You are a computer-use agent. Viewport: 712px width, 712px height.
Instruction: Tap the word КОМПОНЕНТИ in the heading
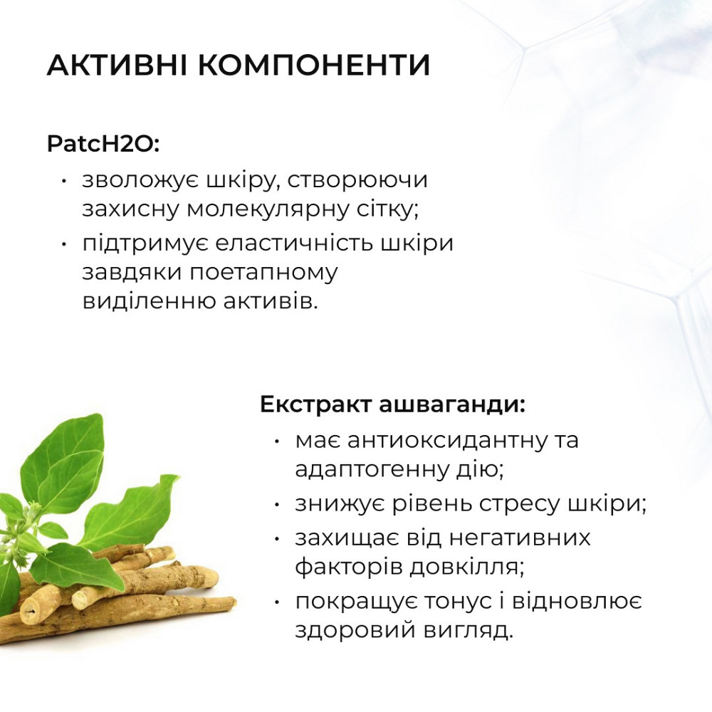[313, 66]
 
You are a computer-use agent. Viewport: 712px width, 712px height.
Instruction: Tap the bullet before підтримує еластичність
[64, 244]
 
